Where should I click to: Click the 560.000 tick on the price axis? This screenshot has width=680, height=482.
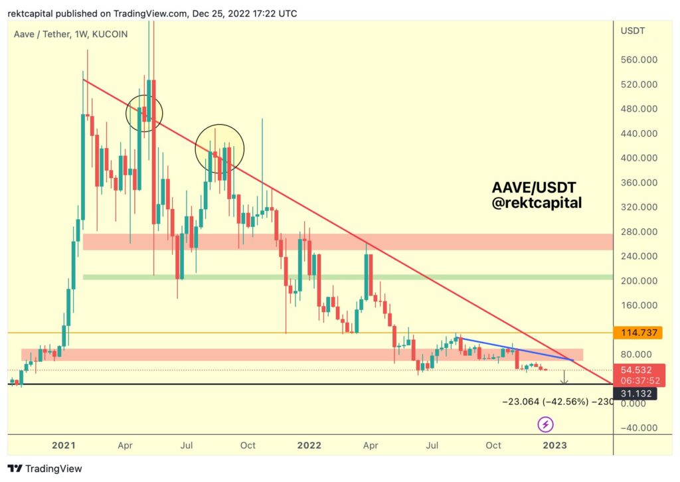pos(638,60)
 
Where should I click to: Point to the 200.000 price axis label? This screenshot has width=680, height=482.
pos(638,281)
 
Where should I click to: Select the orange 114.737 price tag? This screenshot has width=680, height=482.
pos(638,331)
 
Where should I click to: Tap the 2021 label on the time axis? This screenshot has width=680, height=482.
pos(63,445)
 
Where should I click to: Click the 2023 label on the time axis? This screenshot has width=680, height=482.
pos(554,445)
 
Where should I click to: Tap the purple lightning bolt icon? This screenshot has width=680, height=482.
pos(546,424)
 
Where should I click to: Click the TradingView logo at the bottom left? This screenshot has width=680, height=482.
pos(44,469)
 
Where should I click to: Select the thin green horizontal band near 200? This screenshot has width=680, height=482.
pos(345,277)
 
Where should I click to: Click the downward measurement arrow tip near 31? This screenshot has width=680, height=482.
pos(564,384)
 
